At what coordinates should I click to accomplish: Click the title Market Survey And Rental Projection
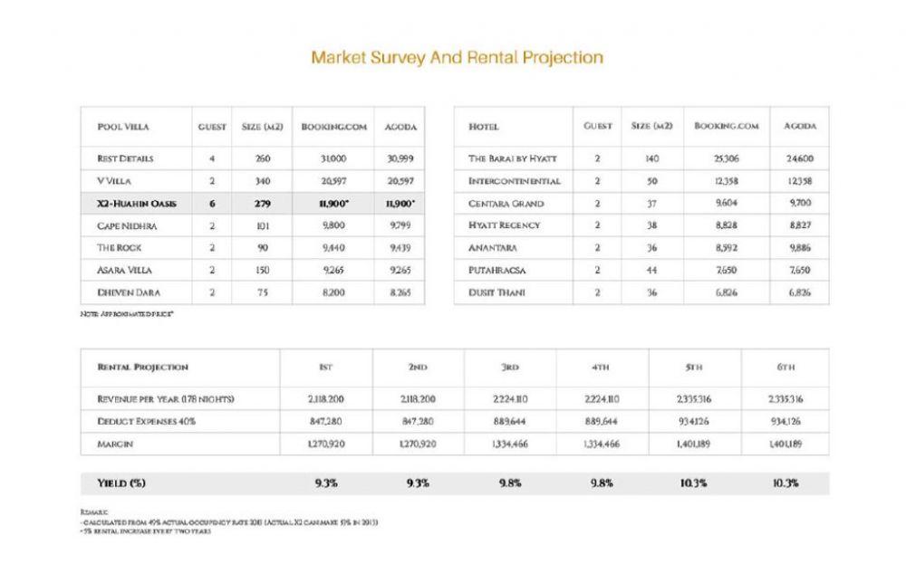point(457,57)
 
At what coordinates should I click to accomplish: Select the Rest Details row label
point(125,158)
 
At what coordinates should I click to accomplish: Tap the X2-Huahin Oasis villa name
point(137,204)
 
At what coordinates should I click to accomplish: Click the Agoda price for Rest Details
point(400,158)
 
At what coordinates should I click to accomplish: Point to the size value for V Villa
point(264,181)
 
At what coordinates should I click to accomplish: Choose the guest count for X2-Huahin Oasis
point(212,204)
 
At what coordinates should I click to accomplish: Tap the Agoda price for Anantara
point(800,247)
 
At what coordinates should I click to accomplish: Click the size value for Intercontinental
point(651,181)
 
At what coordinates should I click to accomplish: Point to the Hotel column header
point(484,127)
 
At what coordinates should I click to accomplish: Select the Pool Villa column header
point(123,127)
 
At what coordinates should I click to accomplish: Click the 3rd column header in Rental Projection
point(510,368)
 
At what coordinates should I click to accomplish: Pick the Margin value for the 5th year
point(694,444)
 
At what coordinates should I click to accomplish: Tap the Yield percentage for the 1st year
point(326,483)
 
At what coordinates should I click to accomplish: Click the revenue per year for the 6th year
point(786,398)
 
